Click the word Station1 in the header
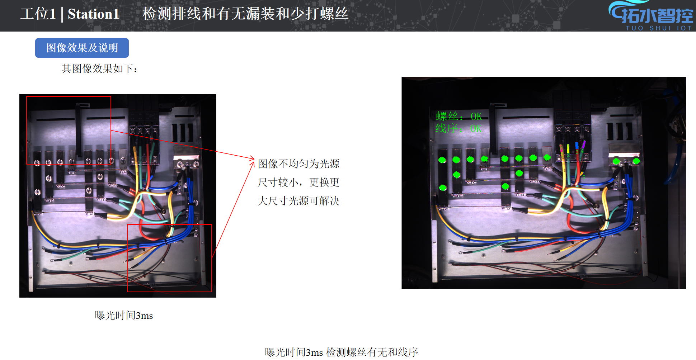pyautogui.click(x=93, y=14)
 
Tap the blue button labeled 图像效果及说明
pyautogui.click(x=82, y=48)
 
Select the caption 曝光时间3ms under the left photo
pyautogui.click(x=124, y=316)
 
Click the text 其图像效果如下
pyautogui.click(x=99, y=68)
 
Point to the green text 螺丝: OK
pyautogui.click(x=459, y=116)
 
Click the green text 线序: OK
pyautogui.click(x=458, y=128)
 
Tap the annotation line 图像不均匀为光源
pyautogui.click(x=298, y=164)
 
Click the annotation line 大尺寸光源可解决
pyautogui.click(x=298, y=201)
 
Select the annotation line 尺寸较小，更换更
pyautogui.click(x=298, y=183)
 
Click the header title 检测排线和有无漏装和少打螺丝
pyautogui.click(x=245, y=14)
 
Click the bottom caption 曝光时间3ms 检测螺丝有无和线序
pyautogui.click(x=342, y=352)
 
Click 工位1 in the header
pyautogui.click(x=38, y=14)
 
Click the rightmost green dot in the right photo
pyautogui.click(x=636, y=161)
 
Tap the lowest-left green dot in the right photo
pyautogui.click(x=443, y=188)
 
